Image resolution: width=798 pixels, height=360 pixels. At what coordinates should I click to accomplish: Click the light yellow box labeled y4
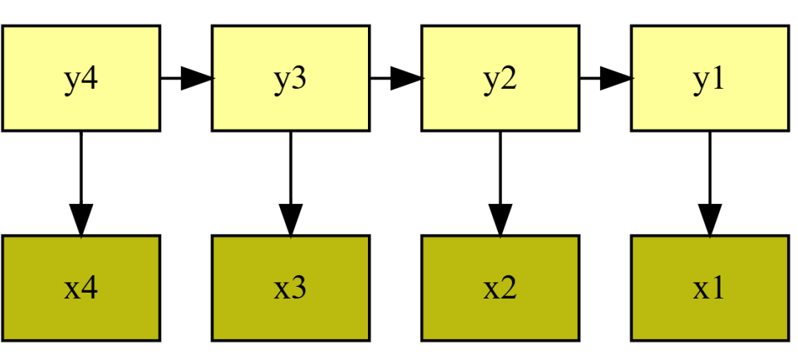tap(81, 78)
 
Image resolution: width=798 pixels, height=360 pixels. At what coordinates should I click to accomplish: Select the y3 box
tap(290, 78)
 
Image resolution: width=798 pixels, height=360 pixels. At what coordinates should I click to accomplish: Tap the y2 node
tap(499, 78)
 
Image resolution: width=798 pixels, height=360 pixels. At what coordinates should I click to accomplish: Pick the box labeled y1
tap(709, 78)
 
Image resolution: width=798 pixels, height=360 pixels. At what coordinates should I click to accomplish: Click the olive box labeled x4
tap(81, 288)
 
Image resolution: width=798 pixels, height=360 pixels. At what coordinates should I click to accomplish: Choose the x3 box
tap(290, 288)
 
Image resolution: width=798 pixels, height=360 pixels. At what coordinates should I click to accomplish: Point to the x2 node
tap(499, 288)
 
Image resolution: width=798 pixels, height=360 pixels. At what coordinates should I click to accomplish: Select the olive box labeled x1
tap(709, 288)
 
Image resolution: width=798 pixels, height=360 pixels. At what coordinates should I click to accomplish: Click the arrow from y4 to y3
tap(185, 78)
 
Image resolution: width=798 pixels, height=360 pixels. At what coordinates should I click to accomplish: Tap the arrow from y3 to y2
tap(395, 78)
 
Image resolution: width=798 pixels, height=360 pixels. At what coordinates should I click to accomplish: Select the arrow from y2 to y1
tap(605, 78)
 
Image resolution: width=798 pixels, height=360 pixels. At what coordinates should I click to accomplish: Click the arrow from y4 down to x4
tap(81, 183)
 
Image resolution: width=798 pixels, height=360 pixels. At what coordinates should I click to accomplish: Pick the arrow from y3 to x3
tap(290, 183)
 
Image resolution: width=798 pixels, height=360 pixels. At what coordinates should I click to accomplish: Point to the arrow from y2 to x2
tap(499, 183)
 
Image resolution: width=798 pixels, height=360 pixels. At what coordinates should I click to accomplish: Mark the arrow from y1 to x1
tap(709, 183)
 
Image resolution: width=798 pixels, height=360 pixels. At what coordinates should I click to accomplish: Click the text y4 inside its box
tap(81, 80)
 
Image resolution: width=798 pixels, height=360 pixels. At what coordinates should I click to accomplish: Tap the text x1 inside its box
tap(709, 288)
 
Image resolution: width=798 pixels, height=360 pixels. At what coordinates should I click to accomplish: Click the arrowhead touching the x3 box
tap(290, 220)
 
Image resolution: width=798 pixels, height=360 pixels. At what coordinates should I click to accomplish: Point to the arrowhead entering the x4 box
tap(81, 220)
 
